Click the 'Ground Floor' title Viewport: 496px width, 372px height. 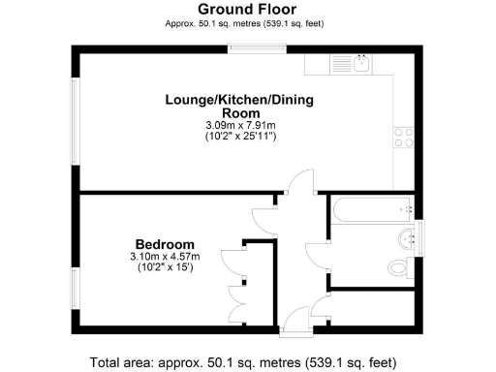coord(247,10)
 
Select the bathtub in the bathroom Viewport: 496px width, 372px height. coord(371,207)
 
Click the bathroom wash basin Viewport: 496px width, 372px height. coord(405,237)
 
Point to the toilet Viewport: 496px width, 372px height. coord(397,266)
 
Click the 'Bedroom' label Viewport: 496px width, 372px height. coord(165,243)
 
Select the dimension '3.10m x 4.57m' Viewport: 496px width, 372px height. coord(166,256)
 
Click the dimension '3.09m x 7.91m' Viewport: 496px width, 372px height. coord(239,125)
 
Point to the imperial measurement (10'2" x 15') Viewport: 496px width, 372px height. coord(166,268)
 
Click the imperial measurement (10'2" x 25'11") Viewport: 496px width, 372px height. coord(239,138)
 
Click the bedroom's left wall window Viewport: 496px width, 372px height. coord(75,288)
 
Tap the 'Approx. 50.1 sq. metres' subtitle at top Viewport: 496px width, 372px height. coord(247,24)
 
